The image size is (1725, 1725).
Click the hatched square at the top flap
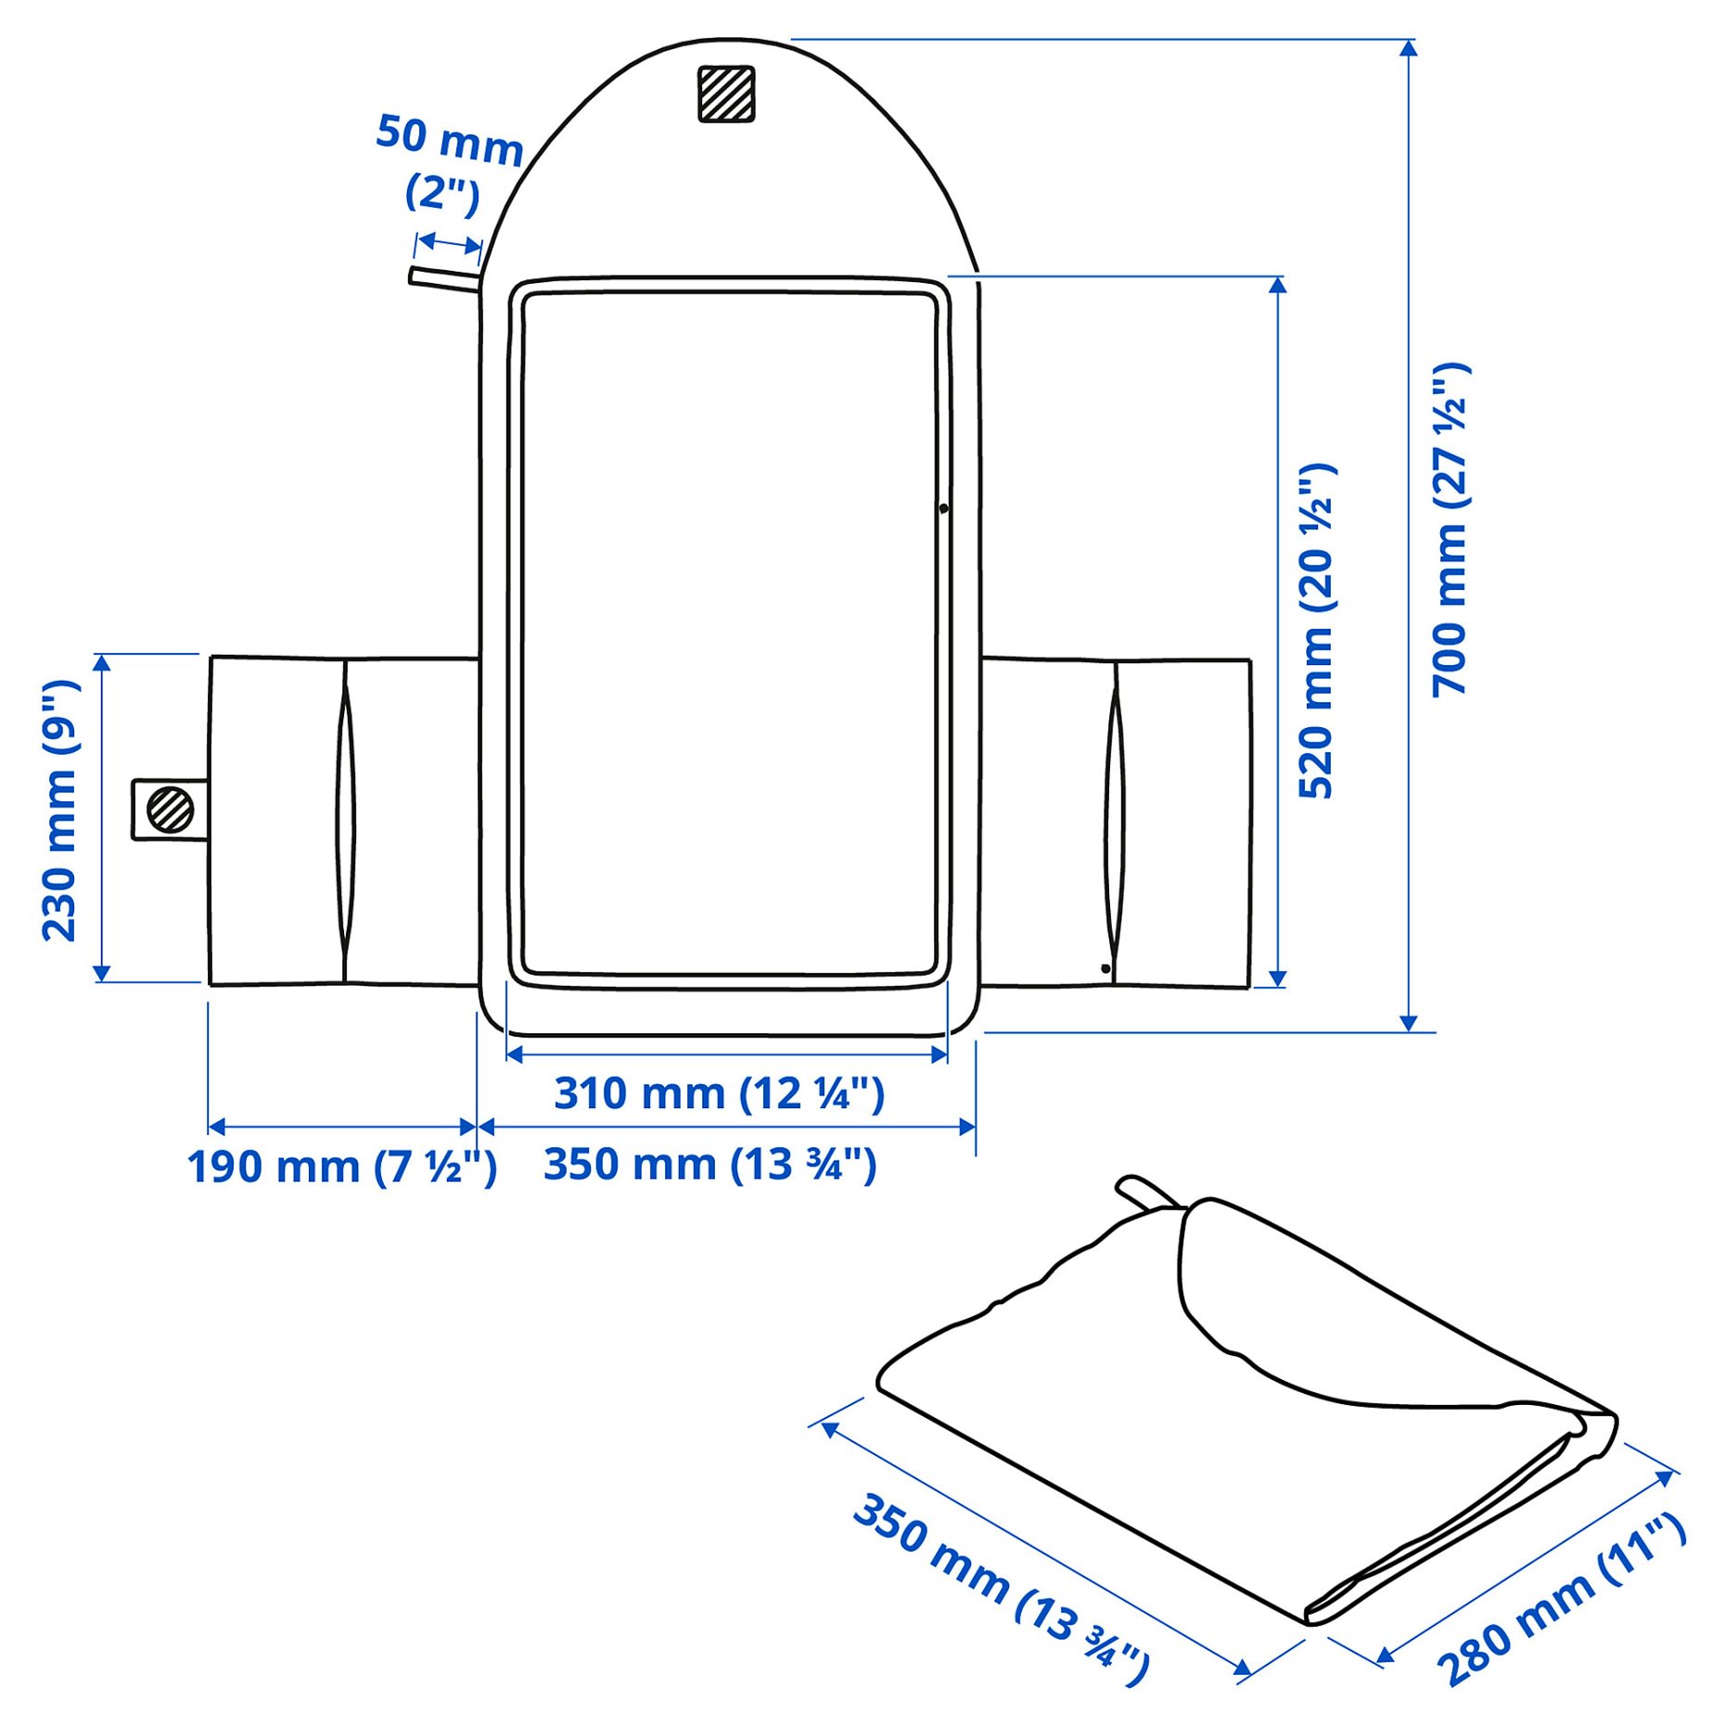(x=725, y=94)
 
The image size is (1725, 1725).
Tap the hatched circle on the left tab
(x=170, y=810)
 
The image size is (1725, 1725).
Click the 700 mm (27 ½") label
(x=1450, y=530)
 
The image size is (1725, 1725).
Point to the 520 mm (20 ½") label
(x=1317, y=631)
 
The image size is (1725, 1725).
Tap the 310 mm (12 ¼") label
(x=719, y=1093)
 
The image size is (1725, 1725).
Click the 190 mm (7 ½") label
(x=341, y=1167)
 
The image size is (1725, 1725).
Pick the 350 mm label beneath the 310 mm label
(x=709, y=1165)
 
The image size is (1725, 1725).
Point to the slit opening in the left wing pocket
(x=345, y=821)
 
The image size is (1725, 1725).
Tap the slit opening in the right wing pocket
(x=1114, y=821)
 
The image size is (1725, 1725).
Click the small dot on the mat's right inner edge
(x=943, y=508)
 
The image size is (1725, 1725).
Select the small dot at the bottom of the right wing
(x=1105, y=968)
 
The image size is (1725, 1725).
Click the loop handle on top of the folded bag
(x=1144, y=1193)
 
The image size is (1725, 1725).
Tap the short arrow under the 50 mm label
(x=448, y=243)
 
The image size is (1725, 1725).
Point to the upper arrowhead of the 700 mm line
(x=1408, y=48)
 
